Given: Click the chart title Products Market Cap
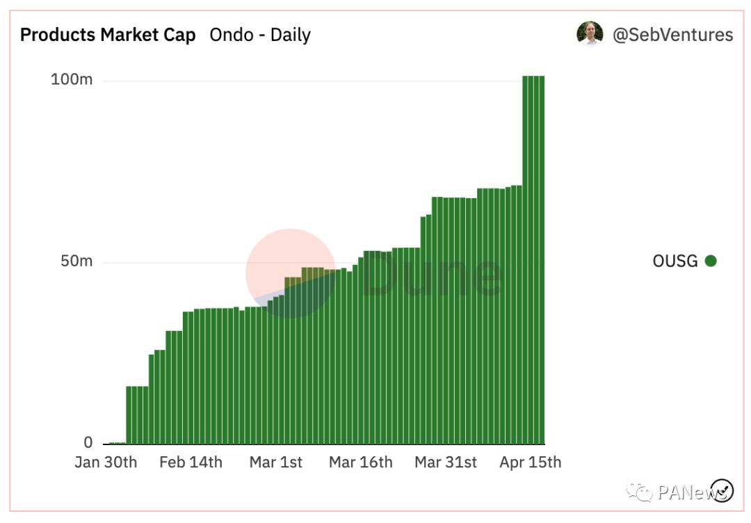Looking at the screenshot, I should pos(108,35).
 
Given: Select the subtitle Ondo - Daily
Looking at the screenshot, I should pos(260,35).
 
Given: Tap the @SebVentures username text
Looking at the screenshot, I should pos(672,35).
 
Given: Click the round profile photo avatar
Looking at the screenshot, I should pos(590,33).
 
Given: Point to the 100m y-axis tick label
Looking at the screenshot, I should pos(72,79).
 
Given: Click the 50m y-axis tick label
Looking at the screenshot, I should pos(76,261).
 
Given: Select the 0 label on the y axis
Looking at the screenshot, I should pos(88,442).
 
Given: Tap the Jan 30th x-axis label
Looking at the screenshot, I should pos(106,462).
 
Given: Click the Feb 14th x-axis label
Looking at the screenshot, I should pos(191,462).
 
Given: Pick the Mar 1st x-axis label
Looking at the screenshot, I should pos(275,462).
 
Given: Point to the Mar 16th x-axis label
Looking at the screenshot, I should pos(360,462).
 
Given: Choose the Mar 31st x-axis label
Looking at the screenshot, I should pos(446,462).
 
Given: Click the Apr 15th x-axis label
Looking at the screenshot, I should pos(530,462).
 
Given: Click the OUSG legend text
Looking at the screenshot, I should pos(675,261).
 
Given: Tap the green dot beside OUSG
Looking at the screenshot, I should pos(710,261).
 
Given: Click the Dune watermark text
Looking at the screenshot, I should pos(431,275).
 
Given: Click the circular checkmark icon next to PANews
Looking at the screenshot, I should pos(722,490).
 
